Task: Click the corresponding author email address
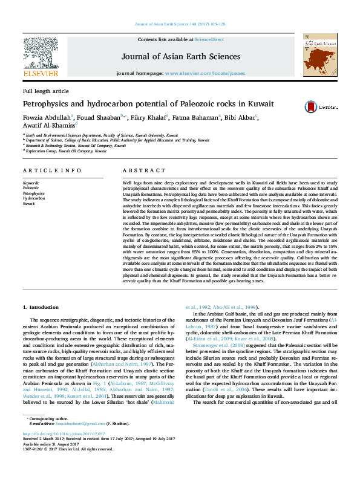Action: (x=73, y=441)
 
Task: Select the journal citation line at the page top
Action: (x=180, y=25)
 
